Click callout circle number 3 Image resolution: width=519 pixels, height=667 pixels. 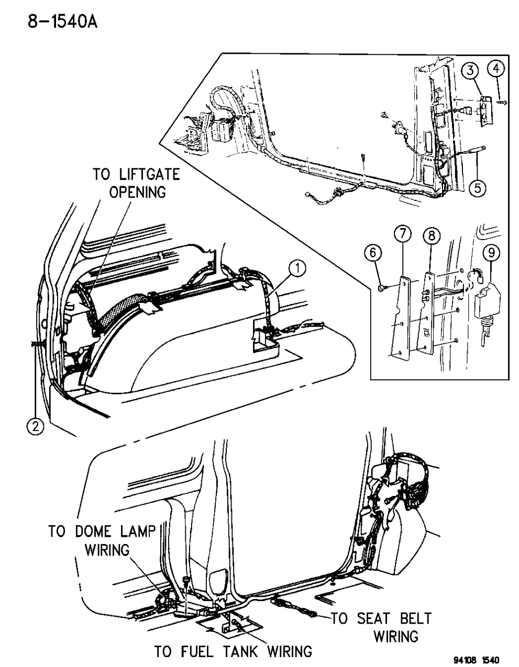[470, 70]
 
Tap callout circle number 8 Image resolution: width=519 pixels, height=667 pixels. [431, 236]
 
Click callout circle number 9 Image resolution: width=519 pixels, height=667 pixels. [491, 253]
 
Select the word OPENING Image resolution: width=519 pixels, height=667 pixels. [137, 192]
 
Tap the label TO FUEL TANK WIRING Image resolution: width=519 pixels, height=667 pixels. [233, 651]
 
